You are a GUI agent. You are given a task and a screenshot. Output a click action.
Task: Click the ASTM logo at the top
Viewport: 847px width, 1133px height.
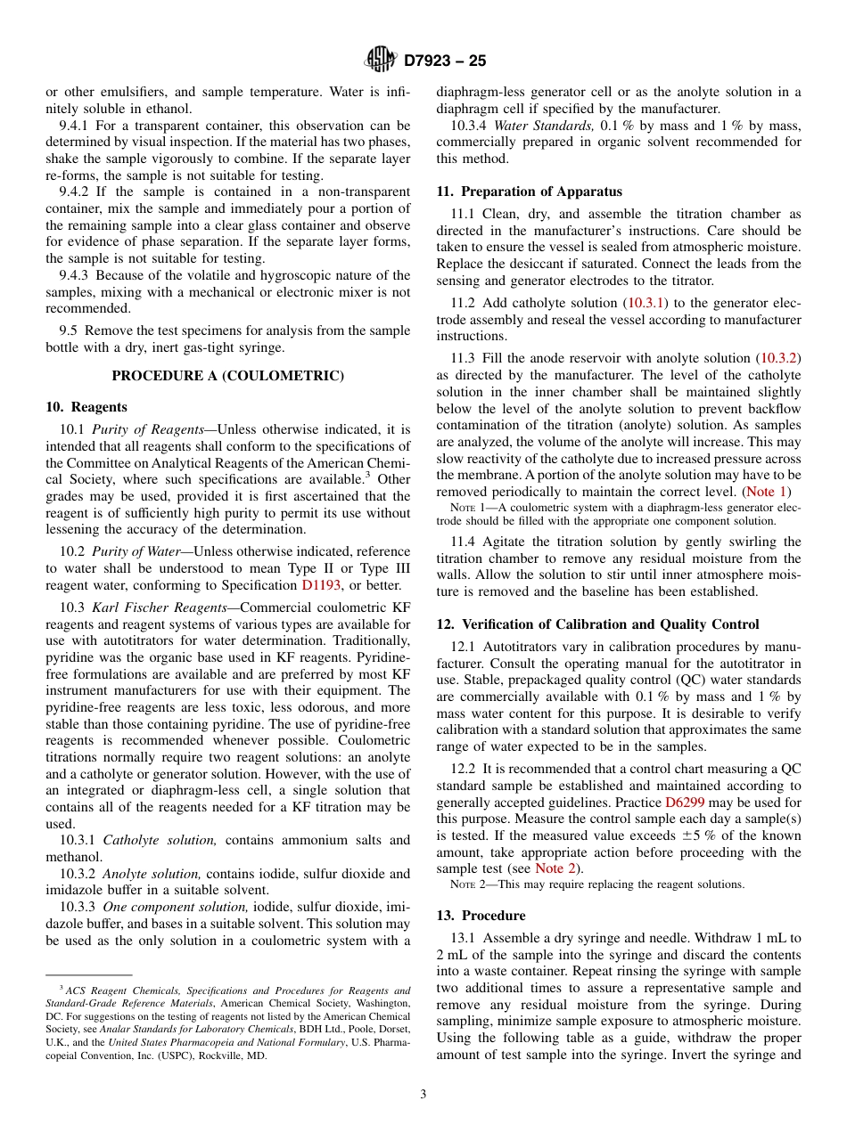coord(381,61)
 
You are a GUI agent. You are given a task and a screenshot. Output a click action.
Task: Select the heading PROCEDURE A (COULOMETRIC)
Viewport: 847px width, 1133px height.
coord(227,376)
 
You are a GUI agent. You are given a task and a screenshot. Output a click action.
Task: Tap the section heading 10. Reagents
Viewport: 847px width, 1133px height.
coord(86,407)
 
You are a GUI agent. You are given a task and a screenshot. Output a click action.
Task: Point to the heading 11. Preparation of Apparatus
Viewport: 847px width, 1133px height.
coord(529,192)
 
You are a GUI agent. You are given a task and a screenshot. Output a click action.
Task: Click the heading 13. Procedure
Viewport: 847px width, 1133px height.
coord(481,916)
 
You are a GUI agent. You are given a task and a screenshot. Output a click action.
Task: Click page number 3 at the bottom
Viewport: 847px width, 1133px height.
coord(423,1095)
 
